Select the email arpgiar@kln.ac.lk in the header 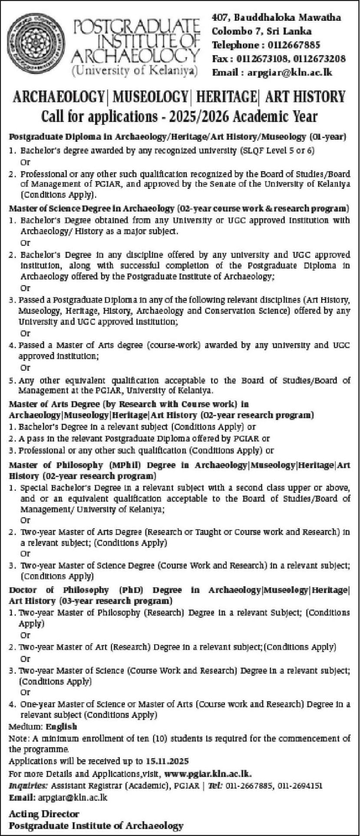pos(290,72)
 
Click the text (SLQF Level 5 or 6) pos(277,151)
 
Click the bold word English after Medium pos(61,726)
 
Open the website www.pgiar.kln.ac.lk pos(208,773)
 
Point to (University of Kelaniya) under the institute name pos(135,71)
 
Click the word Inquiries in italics pos(28,786)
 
